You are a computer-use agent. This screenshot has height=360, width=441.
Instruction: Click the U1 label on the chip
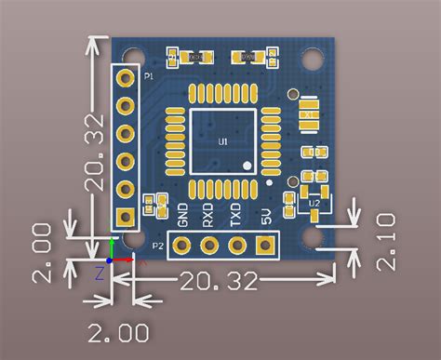(223, 141)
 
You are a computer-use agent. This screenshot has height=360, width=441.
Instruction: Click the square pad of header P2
(267, 245)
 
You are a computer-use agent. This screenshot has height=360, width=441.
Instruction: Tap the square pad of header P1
(125, 218)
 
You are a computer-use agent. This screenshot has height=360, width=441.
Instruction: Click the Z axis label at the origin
(99, 273)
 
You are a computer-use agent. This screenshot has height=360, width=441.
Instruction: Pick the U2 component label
(314, 202)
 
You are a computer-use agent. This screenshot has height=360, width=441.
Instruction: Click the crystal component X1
(308, 113)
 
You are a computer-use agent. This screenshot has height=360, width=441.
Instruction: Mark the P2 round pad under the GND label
(181, 245)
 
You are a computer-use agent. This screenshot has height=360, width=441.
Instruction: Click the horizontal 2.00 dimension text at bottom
(118, 331)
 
